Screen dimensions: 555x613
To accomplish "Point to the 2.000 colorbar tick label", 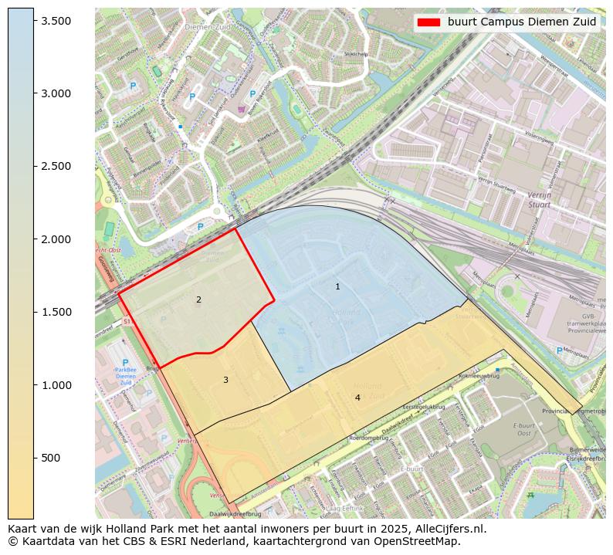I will [x=57, y=239].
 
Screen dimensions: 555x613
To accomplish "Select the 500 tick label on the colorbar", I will [x=50, y=458].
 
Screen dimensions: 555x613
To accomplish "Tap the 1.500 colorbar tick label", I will [x=57, y=312].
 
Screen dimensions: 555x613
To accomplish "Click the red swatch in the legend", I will [x=428, y=22].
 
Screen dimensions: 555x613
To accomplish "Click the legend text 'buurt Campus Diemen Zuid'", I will [x=522, y=22].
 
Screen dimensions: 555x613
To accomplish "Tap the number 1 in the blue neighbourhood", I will [x=337, y=286].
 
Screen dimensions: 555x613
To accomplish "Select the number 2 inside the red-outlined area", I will [x=198, y=299].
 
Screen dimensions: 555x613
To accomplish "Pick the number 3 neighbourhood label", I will [x=225, y=380].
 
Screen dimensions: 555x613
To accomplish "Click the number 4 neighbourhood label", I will [x=357, y=398].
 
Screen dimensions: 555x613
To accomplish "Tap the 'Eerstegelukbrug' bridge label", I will [x=425, y=406].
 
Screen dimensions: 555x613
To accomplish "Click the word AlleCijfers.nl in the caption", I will [x=448, y=529].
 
